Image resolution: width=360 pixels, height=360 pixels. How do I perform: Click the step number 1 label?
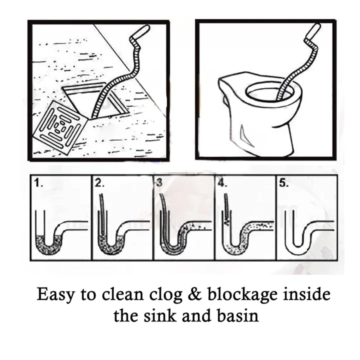coord(38,184)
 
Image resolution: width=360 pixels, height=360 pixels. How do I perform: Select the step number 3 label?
coord(159,183)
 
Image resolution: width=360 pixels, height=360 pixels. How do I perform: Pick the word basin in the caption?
coord(234,316)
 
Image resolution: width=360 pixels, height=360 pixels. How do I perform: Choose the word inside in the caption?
coord(305,294)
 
